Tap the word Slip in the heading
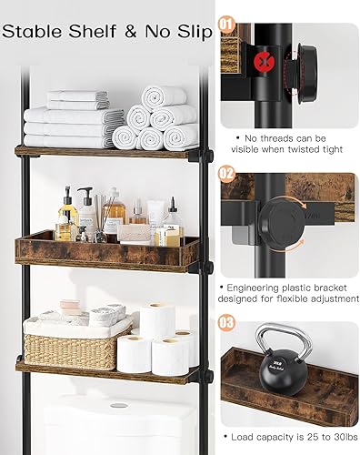pyautogui.click(x=188, y=31)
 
